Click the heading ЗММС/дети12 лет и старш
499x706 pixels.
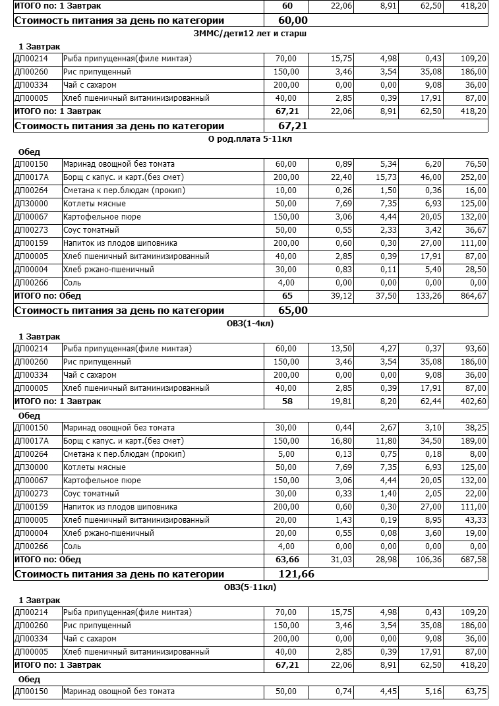[x=250, y=33]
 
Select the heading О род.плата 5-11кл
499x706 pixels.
[x=250, y=138]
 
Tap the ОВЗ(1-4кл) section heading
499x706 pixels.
[x=250, y=323]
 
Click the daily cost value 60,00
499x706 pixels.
[x=293, y=20]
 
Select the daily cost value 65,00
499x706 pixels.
[x=293, y=310]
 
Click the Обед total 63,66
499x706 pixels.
[x=287, y=560]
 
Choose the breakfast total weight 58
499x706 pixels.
[x=287, y=401]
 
